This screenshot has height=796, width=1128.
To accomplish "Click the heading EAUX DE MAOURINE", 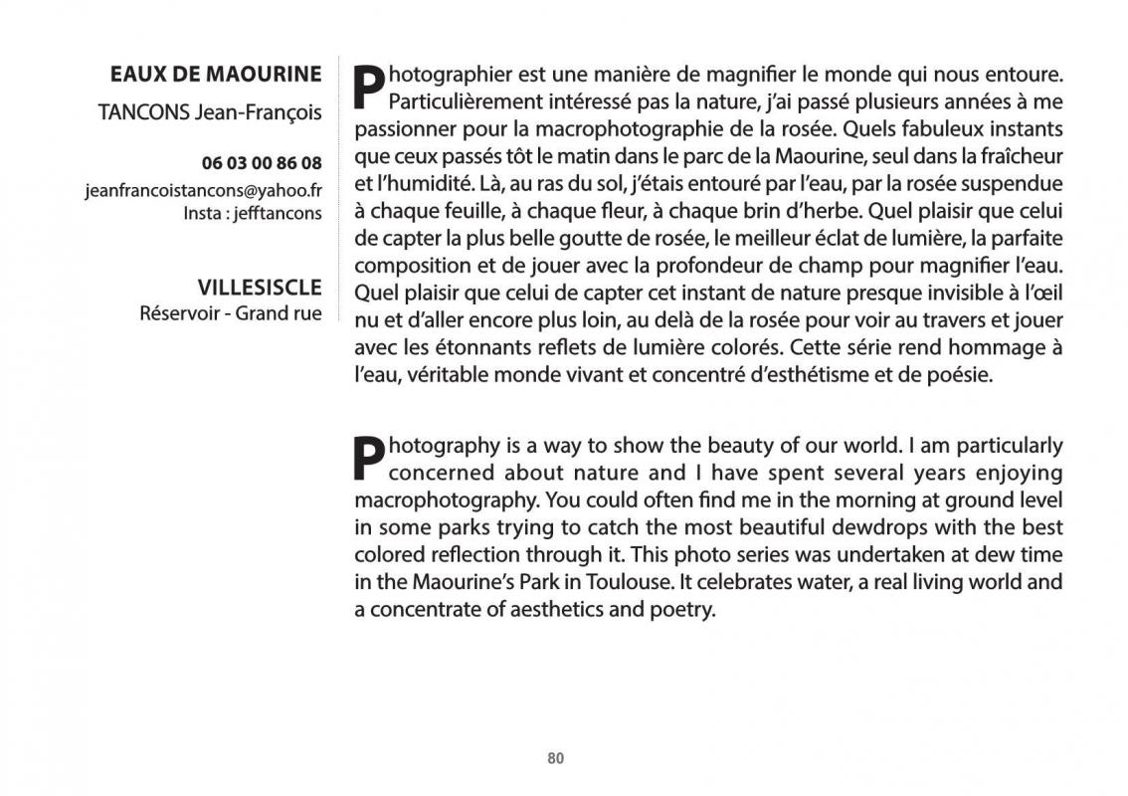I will click(x=216, y=75).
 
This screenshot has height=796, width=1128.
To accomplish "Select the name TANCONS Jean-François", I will click(x=210, y=112).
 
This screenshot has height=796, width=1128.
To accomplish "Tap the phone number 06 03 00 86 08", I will click(x=262, y=163).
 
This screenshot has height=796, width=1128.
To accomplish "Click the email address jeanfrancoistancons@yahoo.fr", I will click(x=203, y=190).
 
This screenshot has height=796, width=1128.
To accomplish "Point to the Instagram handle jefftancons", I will click(x=278, y=213).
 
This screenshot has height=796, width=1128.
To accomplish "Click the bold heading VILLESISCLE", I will click(x=260, y=288).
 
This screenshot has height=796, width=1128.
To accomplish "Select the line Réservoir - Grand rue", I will click(x=231, y=313).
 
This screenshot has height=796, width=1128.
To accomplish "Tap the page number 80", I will click(x=556, y=758).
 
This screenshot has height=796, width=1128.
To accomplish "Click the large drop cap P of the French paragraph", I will click(x=369, y=87).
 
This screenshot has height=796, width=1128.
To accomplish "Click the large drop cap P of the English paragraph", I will click(x=369, y=458).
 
